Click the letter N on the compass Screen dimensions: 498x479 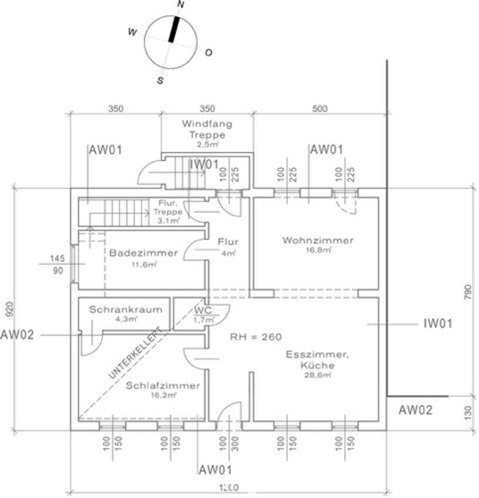pyautogui.click(x=180, y=5)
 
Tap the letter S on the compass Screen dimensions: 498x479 pyautogui.click(x=159, y=81)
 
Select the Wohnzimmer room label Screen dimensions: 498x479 pyautogui.click(x=317, y=240)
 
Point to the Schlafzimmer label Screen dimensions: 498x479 pyautogui.click(x=162, y=386)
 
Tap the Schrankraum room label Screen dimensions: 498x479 pyautogui.click(x=125, y=310)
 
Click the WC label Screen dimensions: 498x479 pyautogui.click(x=203, y=310)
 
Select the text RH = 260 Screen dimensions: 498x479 pyautogui.click(x=255, y=337)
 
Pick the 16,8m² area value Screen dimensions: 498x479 pyautogui.click(x=317, y=250)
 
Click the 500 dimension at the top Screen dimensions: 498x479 pyautogui.click(x=320, y=108)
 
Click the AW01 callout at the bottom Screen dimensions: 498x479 pyautogui.click(x=215, y=470)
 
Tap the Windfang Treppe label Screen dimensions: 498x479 pyautogui.click(x=207, y=129)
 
